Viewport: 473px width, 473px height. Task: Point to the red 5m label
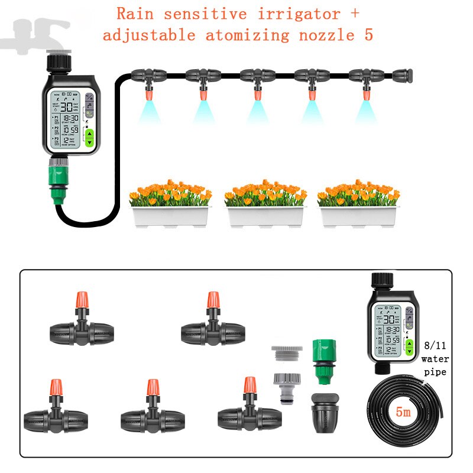point(404,412)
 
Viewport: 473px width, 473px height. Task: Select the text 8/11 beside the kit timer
point(435,346)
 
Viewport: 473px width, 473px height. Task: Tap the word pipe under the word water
point(435,372)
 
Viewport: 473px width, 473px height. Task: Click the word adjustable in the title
point(150,35)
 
